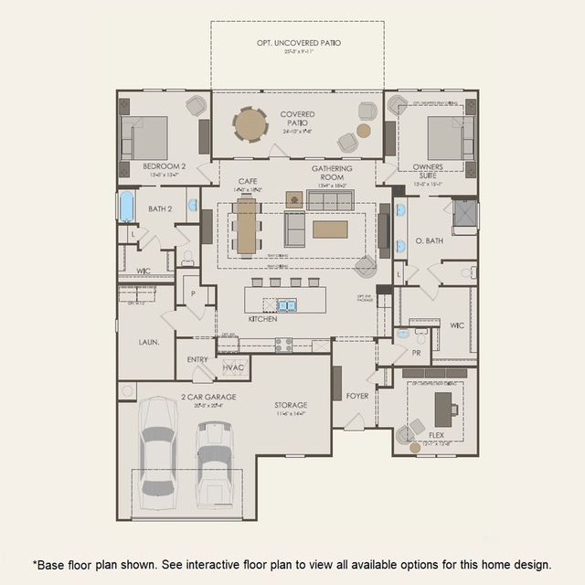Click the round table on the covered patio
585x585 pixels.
[250, 124]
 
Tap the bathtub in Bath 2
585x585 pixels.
[127, 206]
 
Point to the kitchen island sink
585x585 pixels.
[286, 304]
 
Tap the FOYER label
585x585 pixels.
[357, 396]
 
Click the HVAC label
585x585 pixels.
[233, 367]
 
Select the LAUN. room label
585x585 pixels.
[149, 342]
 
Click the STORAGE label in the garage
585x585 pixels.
[291, 404]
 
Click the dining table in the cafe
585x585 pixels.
[246, 226]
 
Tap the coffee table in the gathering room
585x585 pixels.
[330, 229]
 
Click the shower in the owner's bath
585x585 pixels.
[464, 214]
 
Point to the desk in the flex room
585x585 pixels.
[443, 405]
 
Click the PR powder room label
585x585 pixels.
[416, 352]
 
